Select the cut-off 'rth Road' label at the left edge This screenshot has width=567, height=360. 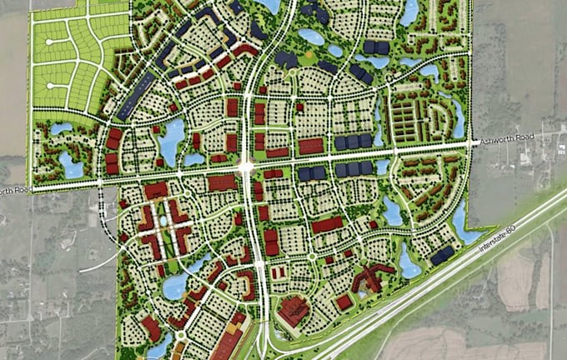pos(15,191)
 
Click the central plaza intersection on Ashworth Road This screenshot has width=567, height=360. pos(246,167)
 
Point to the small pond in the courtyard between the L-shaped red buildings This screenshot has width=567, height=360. pos(164,221)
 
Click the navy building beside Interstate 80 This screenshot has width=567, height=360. pos(443,254)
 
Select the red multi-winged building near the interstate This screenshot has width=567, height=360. pos(368,281)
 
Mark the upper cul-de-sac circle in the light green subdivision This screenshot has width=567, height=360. pos(50,41)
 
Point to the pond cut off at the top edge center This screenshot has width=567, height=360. pos(269,6)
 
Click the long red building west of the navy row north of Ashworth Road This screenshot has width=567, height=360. pos(311,147)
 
